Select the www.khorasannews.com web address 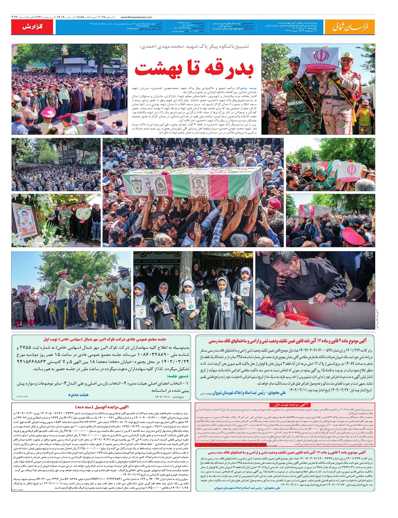coord(136,17)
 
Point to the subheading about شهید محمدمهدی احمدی coord(194,46)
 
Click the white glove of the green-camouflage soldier coord(301,70)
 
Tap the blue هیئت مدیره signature coord(78,394)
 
